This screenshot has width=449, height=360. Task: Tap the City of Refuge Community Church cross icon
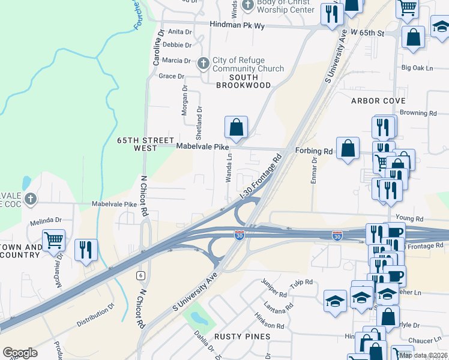click(203, 62)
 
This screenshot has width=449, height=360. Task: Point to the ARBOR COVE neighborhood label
click(379, 101)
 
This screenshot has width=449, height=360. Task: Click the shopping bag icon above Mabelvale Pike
click(237, 127)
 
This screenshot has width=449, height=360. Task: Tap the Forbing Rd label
click(313, 151)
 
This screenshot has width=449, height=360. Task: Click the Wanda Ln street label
click(228, 170)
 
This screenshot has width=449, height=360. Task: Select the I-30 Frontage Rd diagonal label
click(261, 178)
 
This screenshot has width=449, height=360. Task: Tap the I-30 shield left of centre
click(239, 235)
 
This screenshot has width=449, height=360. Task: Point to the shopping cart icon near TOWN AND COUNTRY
click(53, 241)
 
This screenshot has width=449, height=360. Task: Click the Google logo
click(20, 353)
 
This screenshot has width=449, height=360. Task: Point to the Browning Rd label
click(418, 113)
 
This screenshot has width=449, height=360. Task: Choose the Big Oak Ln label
click(417, 68)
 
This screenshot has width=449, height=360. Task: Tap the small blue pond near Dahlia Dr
click(197, 318)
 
